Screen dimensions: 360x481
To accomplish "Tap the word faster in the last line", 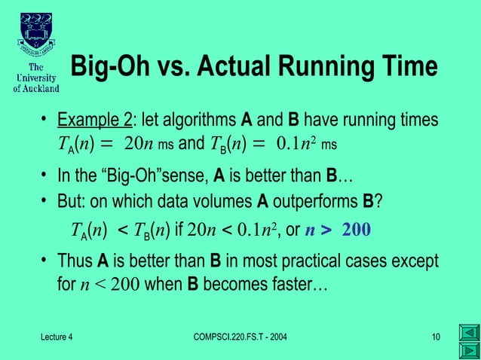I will tap(301, 286).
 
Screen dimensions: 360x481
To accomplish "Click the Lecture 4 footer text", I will tap(57, 335).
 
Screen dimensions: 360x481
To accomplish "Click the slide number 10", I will tap(436, 335).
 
